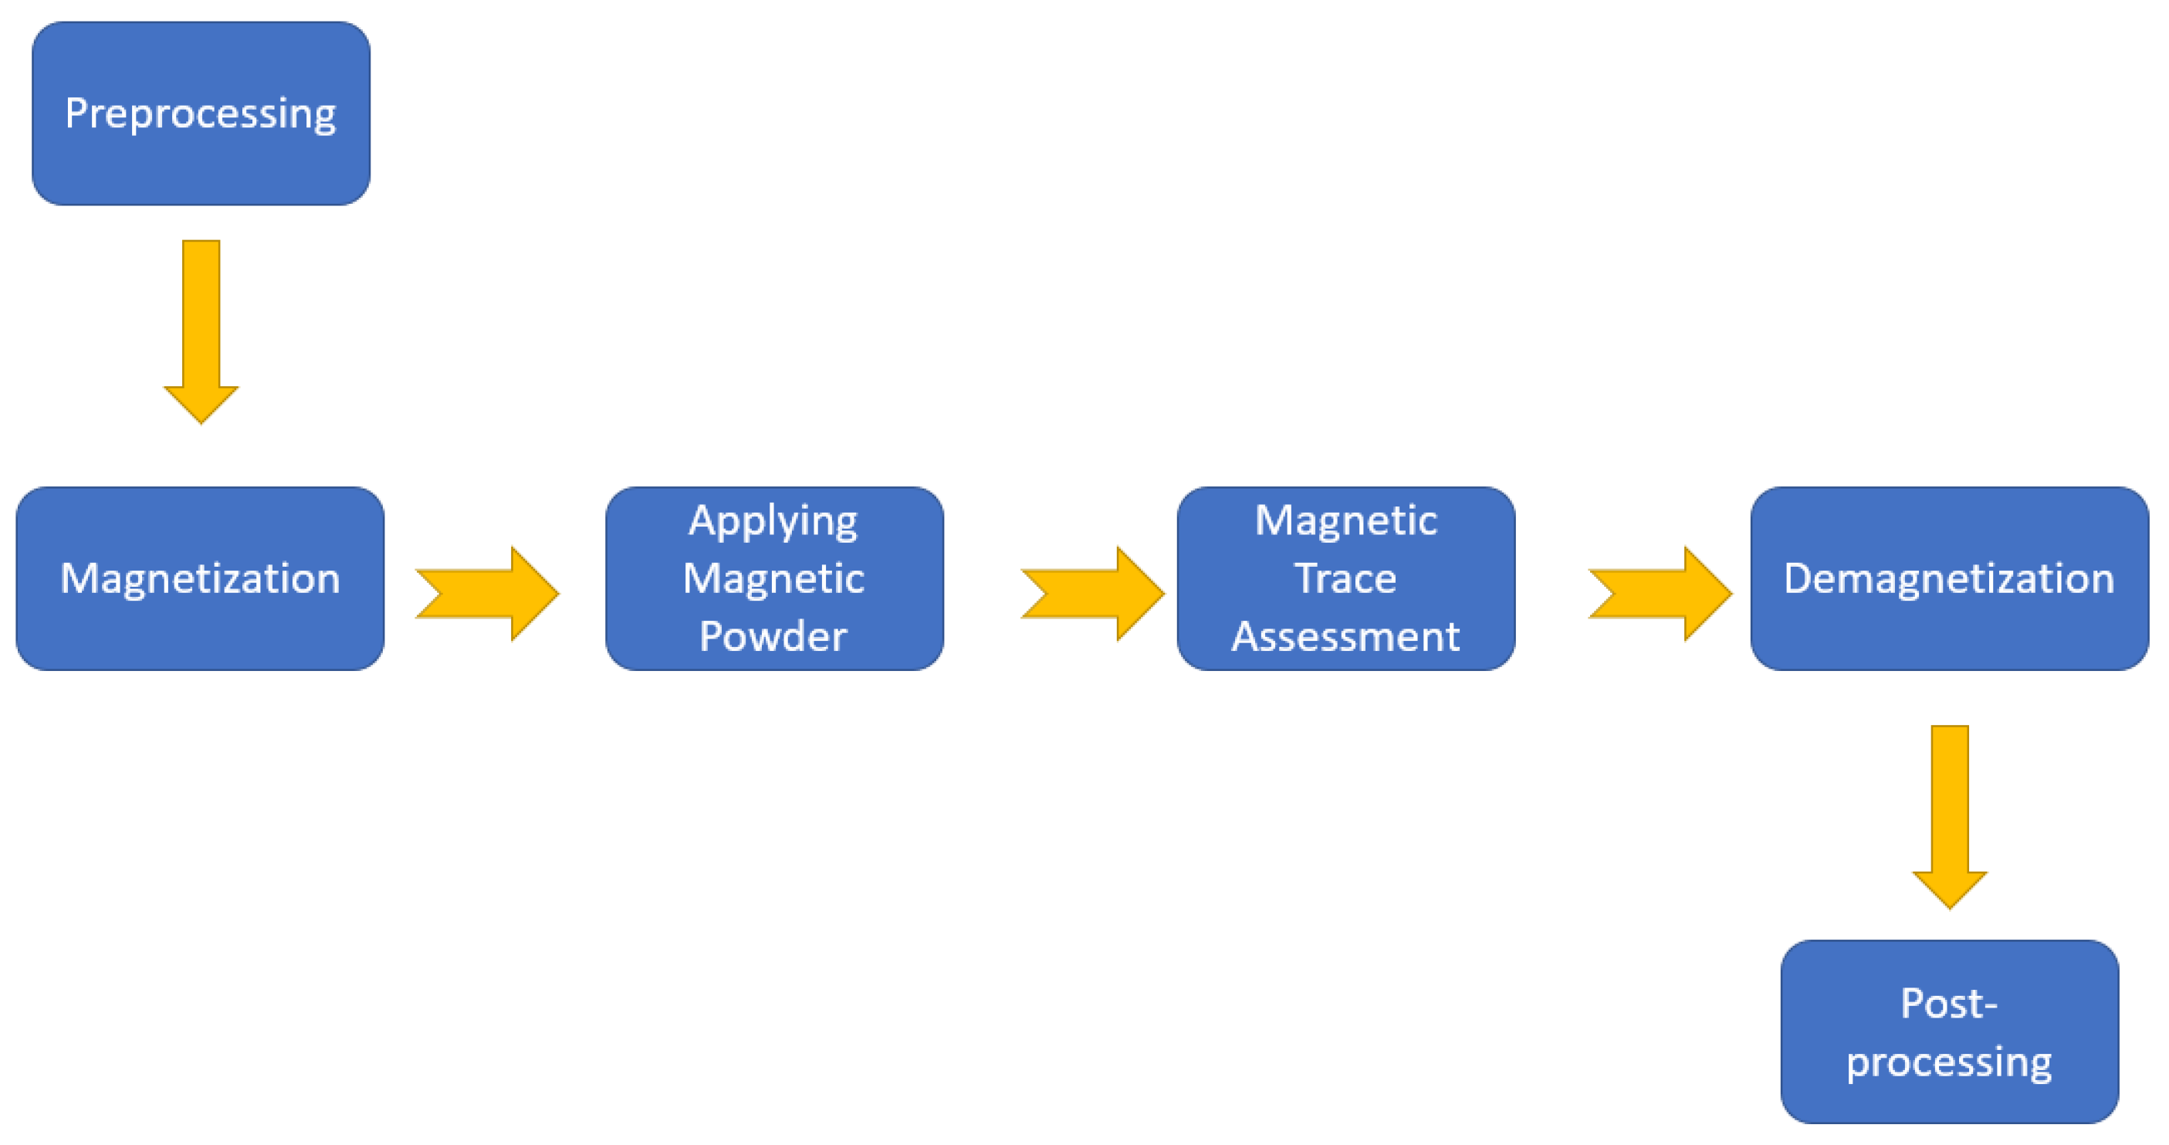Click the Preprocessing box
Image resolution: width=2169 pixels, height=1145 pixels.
(x=201, y=113)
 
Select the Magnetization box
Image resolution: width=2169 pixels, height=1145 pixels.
(x=201, y=578)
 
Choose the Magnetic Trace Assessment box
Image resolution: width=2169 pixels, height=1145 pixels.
(x=1345, y=578)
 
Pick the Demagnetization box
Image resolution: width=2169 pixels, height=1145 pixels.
(x=1949, y=578)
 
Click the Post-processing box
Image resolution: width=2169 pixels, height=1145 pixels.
(x=1949, y=1032)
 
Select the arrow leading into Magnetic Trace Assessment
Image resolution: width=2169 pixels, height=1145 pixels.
(x=1093, y=594)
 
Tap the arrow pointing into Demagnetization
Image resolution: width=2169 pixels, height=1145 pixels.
(x=1660, y=594)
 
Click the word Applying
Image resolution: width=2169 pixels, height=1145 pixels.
(x=773, y=522)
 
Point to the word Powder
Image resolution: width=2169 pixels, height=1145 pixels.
(x=773, y=636)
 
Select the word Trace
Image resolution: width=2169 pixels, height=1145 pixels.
(x=1345, y=579)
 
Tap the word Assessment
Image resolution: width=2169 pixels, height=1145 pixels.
(x=1345, y=636)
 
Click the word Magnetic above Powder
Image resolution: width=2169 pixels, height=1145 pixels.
(x=773, y=579)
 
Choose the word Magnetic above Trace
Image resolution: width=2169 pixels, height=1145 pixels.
(x=1345, y=521)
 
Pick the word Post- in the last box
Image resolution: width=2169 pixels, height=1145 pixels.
(x=1948, y=1004)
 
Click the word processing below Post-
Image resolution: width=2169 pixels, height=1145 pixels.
(x=1949, y=1062)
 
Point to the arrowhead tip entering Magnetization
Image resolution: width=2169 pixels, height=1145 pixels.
(x=201, y=420)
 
